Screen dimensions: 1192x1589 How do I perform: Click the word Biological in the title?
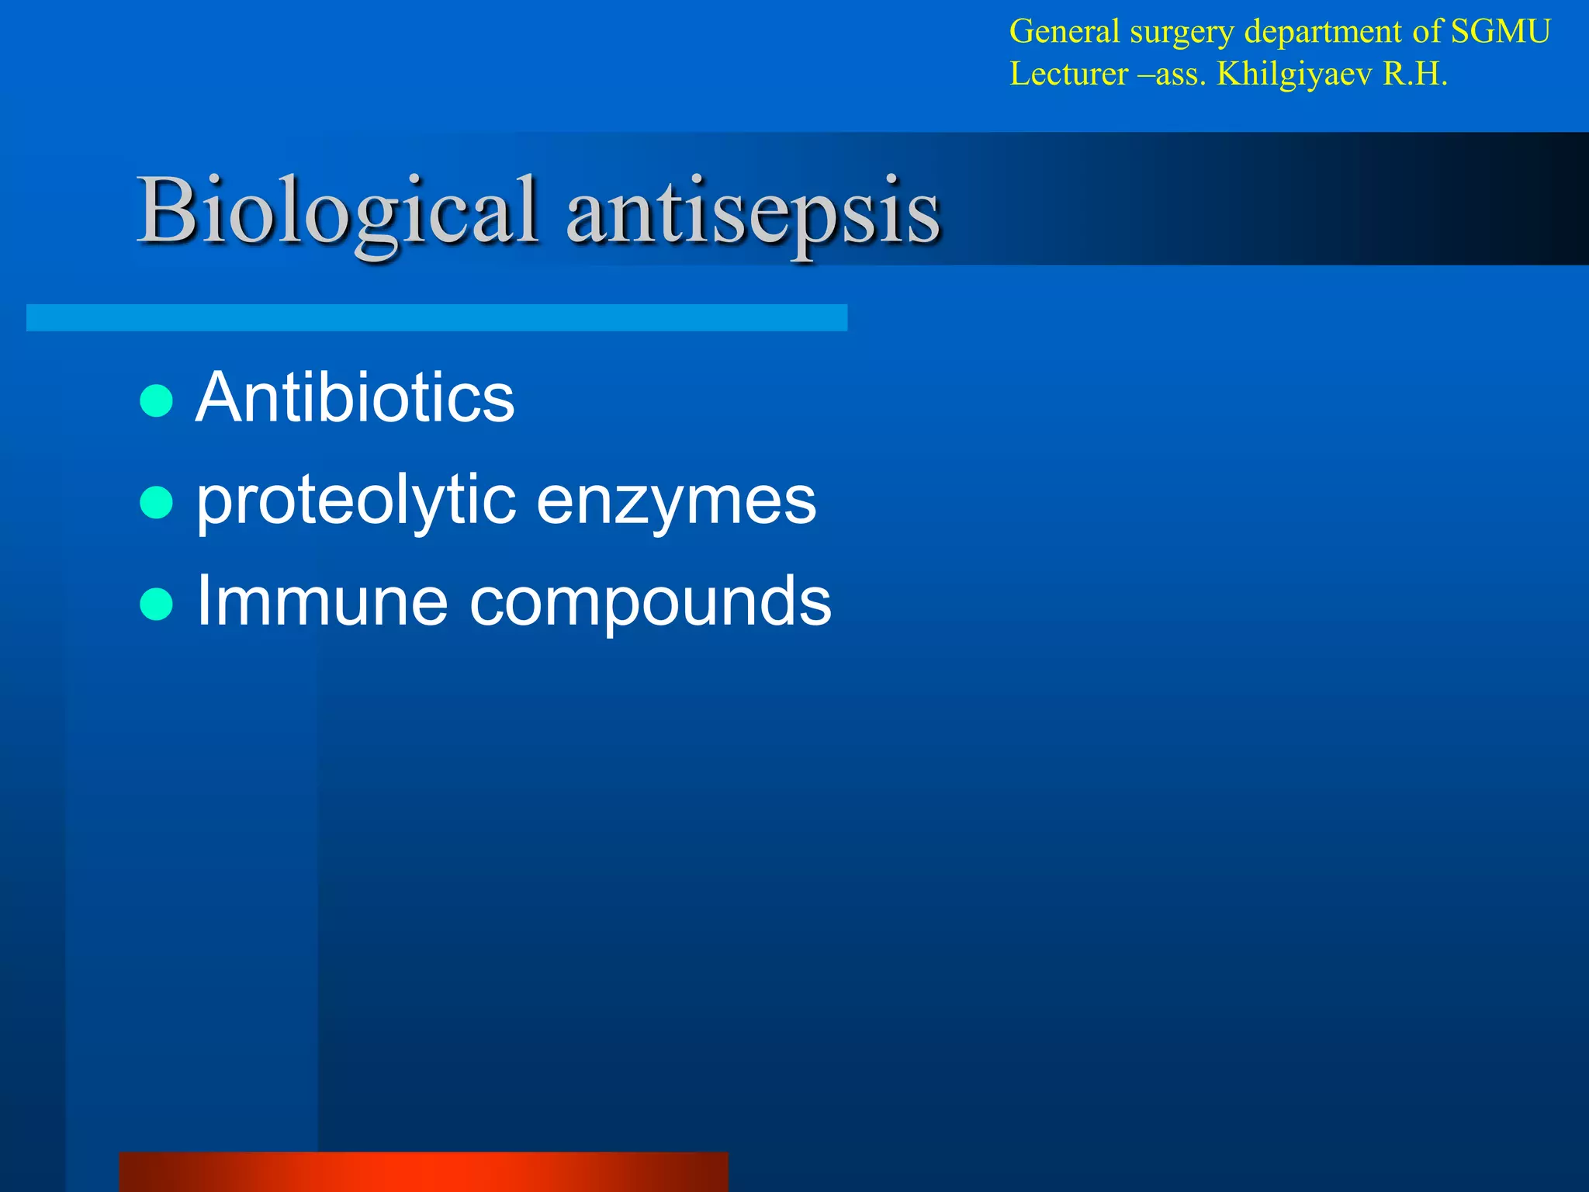(338, 211)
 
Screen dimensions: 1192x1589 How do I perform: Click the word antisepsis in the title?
(753, 211)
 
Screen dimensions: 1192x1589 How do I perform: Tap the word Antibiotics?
(355, 397)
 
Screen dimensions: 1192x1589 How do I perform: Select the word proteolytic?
(356, 501)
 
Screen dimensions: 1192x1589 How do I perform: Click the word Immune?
(322, 601)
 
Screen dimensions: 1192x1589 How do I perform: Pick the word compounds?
(650, 602)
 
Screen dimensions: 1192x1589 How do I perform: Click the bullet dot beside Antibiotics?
(157, 401)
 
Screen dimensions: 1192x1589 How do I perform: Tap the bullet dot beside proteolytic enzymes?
(157, 503)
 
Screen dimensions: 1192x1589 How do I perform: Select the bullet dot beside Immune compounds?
(157, 605)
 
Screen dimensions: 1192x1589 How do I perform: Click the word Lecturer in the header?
(1068, 74)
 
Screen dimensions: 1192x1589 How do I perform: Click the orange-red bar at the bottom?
(424, 1172)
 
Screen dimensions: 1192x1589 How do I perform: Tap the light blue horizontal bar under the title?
(436, 317)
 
